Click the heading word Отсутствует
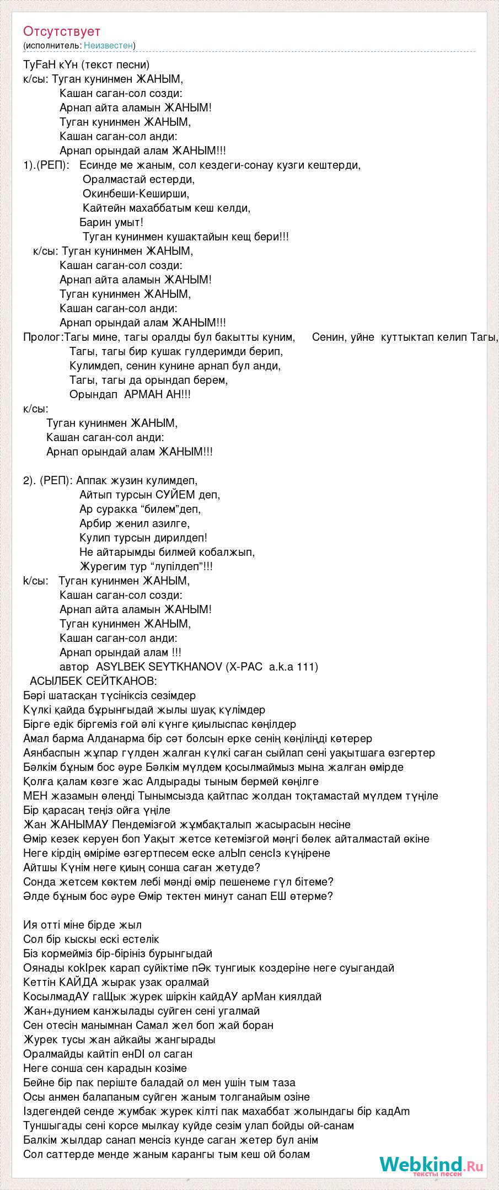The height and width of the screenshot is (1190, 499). coord(62,31)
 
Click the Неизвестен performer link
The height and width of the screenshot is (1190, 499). coord(108,46)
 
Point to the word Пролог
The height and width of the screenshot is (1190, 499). coord(42,337)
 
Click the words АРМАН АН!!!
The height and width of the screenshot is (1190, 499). coord(158,394)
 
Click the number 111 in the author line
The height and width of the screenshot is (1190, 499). coord(306,667)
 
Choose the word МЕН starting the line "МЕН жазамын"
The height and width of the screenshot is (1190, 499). coord(35,796)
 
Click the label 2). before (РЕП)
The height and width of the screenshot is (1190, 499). coord(30,480)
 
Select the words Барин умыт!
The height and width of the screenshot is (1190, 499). coord(111,222)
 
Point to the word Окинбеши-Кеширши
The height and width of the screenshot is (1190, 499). coord(136,194)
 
